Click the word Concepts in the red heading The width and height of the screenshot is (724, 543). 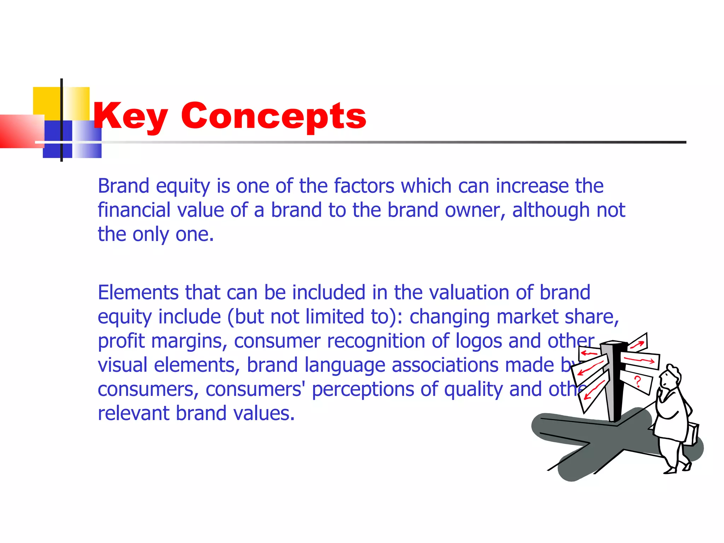click(274, 116)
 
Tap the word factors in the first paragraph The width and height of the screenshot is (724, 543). click(364, 186)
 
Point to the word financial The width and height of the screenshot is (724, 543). click(134, 210)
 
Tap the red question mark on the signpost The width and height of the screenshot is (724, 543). click(637, 382)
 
